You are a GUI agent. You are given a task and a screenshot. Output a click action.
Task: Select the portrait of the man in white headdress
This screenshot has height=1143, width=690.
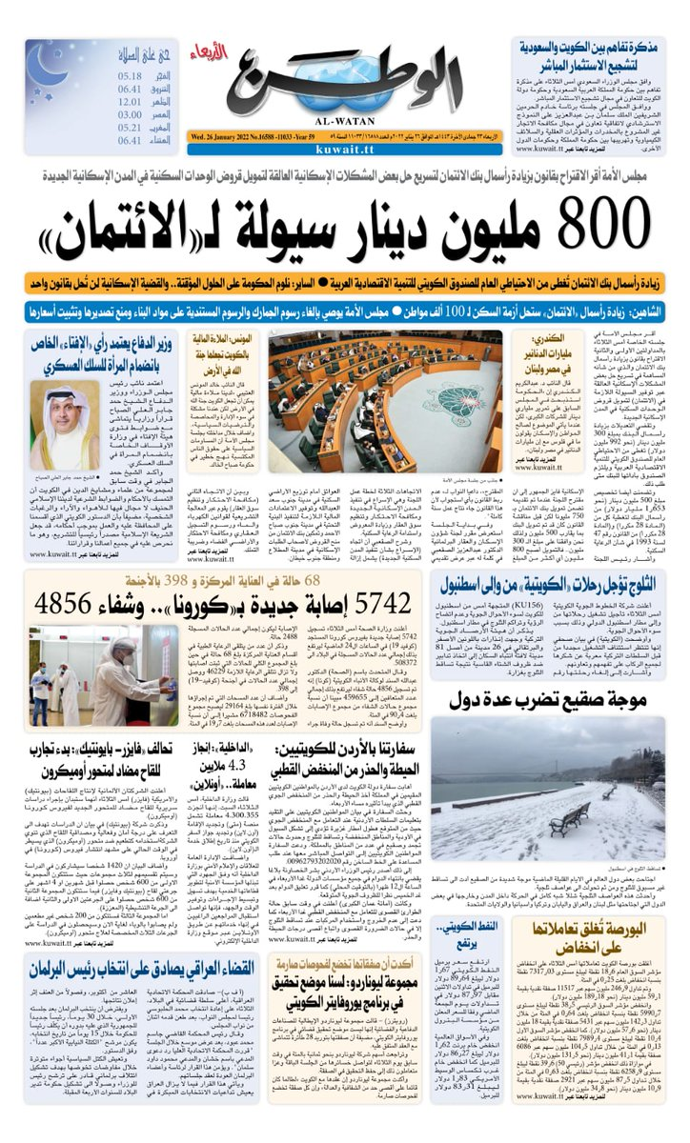pyautogui.click(x=56, y=418)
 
